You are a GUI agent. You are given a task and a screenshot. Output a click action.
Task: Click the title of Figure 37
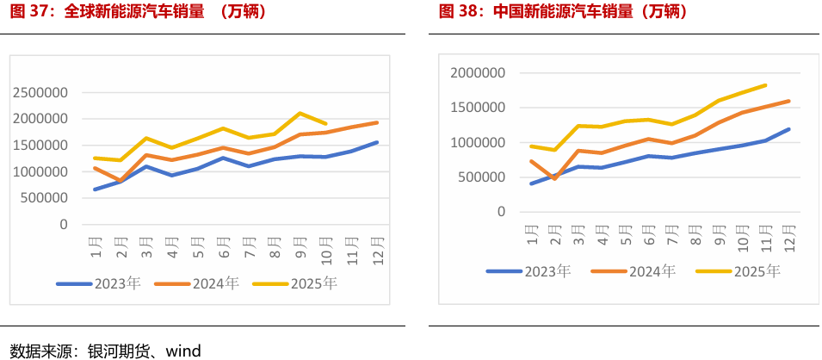(x=138, y=12)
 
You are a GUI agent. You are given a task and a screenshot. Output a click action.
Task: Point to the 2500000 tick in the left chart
(x=40, y=92)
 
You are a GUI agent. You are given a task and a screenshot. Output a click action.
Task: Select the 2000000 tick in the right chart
(x=478, y=73)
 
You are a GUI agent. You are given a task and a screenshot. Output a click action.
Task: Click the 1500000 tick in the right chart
(x=478, y=108)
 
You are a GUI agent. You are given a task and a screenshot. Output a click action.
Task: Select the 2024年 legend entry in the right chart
(x=634, y=271)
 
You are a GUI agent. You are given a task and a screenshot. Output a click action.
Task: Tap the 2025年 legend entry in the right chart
(x=739, y=271)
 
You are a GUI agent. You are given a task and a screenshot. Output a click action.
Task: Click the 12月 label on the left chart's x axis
(x=377, y=246)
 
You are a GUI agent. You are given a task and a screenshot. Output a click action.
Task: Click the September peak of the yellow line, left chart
(x=300, y=113)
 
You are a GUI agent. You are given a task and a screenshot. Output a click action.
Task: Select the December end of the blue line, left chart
(x=377, y=142)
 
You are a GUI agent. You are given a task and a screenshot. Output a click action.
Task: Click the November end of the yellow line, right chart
(x=765, y=85)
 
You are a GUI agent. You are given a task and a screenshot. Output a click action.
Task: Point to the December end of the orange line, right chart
(x=788, y=101)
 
